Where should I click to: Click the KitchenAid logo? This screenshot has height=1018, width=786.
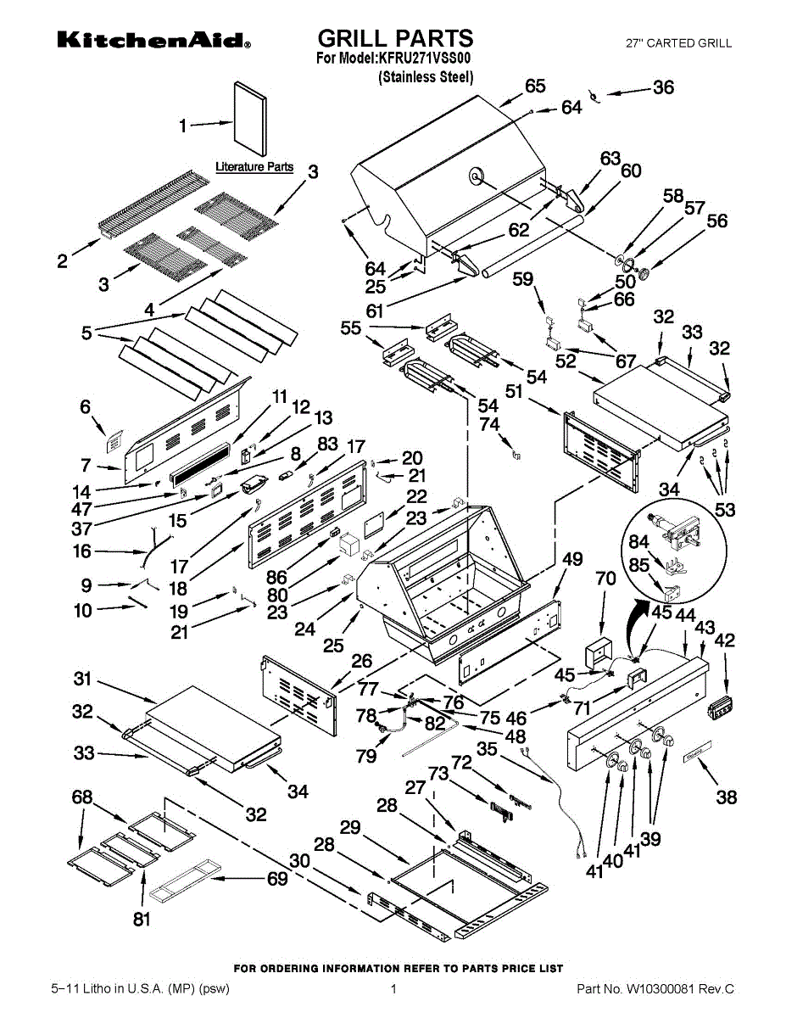coord(153,41)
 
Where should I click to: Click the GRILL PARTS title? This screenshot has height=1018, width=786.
coord(395,38)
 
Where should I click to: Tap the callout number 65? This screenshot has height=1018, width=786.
coord(535,86)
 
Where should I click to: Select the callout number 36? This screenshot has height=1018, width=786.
coord(663,87)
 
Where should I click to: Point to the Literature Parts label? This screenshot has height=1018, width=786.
coord(254,166)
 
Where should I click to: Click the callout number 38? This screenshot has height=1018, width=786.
coord(726,797)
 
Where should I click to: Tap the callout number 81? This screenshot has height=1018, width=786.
coord(142,919)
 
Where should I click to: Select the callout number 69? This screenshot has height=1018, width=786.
coord(277,880)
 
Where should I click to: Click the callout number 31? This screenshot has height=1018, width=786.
coord(82,679)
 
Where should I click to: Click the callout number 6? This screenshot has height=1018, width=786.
coord(85,407)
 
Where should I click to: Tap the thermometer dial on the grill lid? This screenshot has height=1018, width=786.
coord(476,176)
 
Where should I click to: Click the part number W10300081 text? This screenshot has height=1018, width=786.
coord(655,989)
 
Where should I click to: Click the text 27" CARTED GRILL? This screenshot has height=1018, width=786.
coord(678,43)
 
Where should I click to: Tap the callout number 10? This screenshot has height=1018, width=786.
coord(83,610)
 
